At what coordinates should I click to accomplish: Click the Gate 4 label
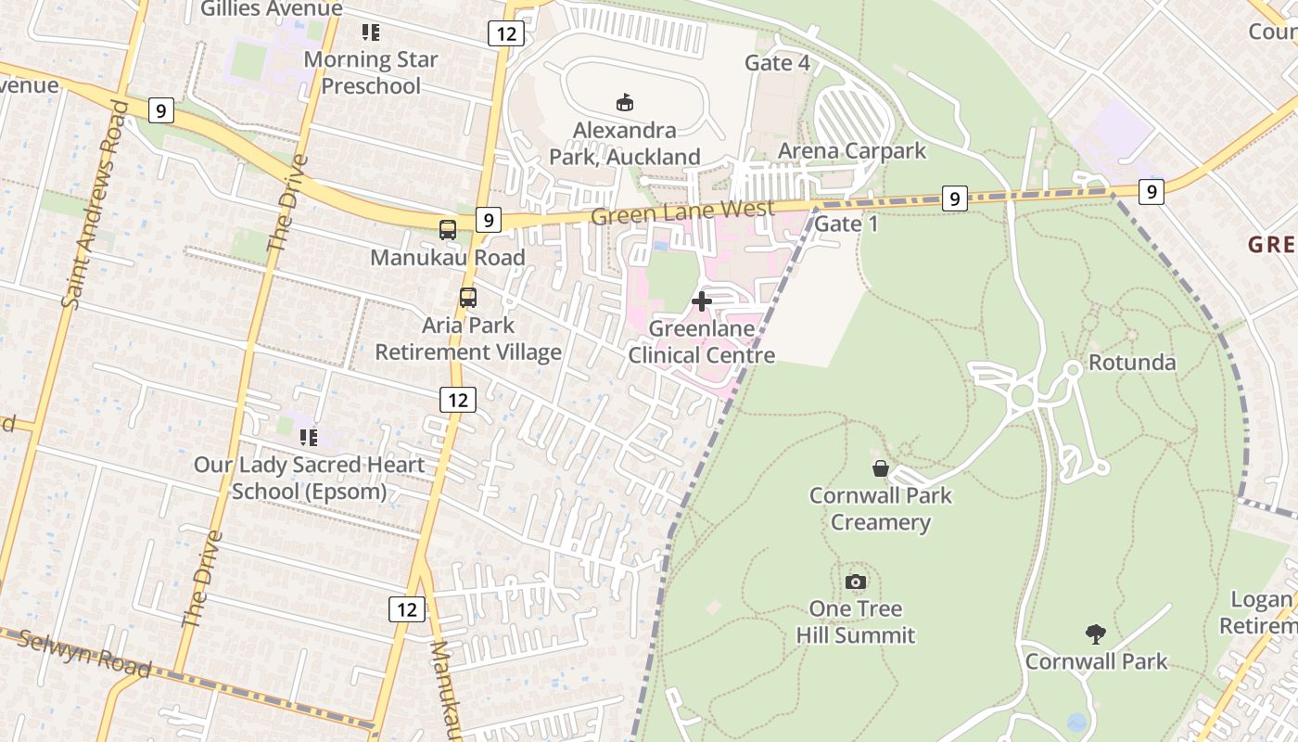777,63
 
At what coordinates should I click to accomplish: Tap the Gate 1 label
846,224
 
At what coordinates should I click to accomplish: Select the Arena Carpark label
851,150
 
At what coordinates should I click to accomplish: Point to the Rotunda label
1131,362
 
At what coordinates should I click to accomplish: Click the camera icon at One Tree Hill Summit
856,582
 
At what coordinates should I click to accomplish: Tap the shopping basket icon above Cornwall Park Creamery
880,468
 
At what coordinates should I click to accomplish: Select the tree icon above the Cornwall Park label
1095,634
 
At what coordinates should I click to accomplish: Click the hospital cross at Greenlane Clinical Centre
702,301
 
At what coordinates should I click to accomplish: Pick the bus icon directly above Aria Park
468,298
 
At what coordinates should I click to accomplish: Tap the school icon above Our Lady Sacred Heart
308,437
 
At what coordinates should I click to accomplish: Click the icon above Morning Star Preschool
371,32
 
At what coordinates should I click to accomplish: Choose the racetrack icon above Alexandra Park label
625,102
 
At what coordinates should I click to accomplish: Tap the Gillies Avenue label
272,9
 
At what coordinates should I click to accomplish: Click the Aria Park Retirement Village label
468,339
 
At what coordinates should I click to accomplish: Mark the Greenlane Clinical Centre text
702,341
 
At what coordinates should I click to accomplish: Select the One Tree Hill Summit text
856,621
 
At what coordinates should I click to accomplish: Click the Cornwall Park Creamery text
880,508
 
